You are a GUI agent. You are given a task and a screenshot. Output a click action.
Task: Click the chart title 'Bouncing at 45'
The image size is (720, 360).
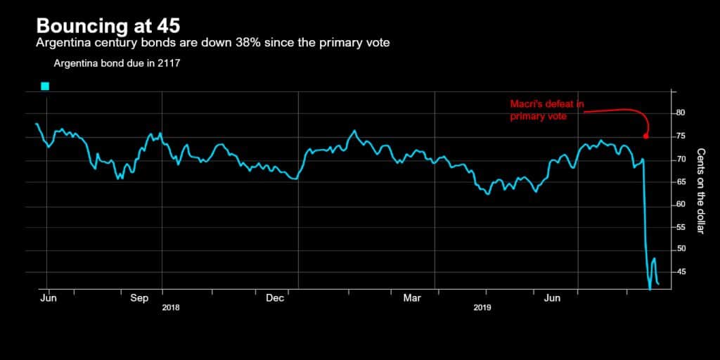pyautogui.click(x=108, y=26)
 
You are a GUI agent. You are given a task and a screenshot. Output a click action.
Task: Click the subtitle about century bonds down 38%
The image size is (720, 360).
pyautogui.click(x=213, y=44)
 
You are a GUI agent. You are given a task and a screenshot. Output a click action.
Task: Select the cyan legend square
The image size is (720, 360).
pyautogui.click(x=45, y=86)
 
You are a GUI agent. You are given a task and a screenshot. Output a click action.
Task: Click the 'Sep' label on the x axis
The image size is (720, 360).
pyautogui.click(x=140, y=299)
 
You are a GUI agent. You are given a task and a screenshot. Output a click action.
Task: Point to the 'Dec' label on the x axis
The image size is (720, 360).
pyautogui.click(x=274, y=299)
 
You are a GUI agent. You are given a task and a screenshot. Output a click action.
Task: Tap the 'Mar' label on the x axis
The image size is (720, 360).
pyautogui.click(x=412, y=299)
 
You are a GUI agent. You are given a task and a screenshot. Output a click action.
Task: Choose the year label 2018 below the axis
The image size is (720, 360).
pyautogui.click(x=172, y=308)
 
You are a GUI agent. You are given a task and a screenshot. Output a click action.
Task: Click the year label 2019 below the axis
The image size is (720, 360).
pyautogui.click(x=482, y=308)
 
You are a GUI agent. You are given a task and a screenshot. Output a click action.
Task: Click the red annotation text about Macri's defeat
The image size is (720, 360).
pyautogui.click(x=547, y=110)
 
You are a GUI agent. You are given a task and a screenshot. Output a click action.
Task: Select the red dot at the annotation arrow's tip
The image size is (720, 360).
pyautogui.click(x=645, y=136)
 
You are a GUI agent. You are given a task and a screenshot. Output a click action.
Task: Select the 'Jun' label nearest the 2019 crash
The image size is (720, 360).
pyautogui.click(x=553, y=299)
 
